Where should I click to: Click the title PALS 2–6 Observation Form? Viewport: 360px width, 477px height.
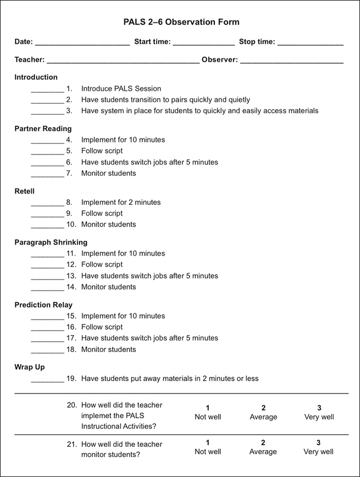(182, 22)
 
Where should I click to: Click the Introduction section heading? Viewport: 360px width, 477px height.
(36, 77)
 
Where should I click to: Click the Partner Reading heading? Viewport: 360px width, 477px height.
(43, 129)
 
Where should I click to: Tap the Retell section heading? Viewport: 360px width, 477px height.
(24, 191)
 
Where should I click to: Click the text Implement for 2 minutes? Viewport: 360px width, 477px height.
(121, 202)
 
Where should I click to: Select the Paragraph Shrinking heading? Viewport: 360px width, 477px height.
(51, 242)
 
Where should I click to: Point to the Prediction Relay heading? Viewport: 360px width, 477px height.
(43, 305)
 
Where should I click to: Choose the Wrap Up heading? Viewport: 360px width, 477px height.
(30, 367)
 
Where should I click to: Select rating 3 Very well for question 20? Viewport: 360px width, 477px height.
(319, 412)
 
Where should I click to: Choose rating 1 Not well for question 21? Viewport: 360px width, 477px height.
(208, 447)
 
